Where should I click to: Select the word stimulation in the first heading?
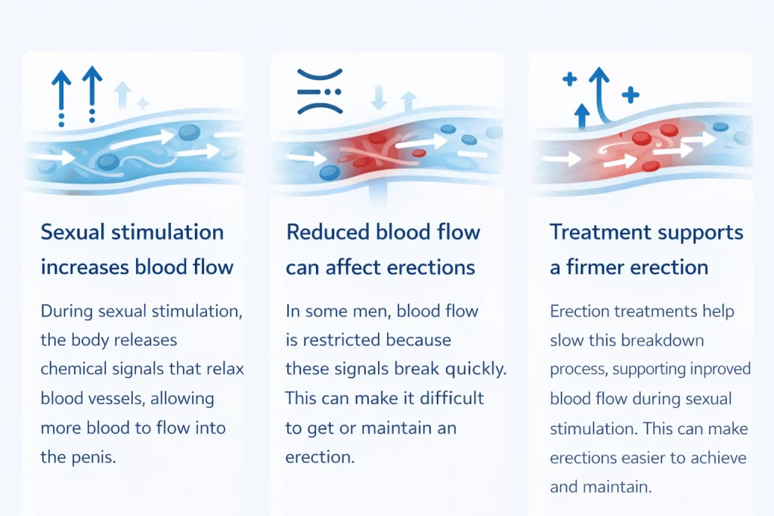click(x=167, y=232)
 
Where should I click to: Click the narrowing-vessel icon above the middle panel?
click(x=320, y=91)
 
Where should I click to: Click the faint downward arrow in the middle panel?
click(x=379, y=97)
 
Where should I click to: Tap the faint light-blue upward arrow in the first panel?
click(x=123, y=94)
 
